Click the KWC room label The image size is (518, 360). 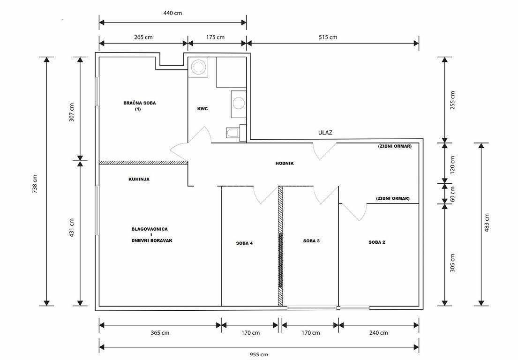pyautogui.click(x=203, y=109)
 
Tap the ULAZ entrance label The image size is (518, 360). pyautogui.click(x=325, y=133)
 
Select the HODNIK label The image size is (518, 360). pyautogui.click(x=285, y=163)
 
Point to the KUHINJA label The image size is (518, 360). pyautogui.click(x=139, y=179)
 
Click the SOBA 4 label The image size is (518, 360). pyautogui.click(x=244, y=243)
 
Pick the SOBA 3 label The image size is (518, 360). pyautogui.click(x=311, y=241)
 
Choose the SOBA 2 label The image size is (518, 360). pyautogui.click(x=376, y=242)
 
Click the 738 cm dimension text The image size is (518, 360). pyautogui.click(x=35, y=184)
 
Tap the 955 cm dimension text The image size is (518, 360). pyautogui.click(x=259, y=355)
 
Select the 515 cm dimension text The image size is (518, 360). pyautogui.click(x=328, y=37)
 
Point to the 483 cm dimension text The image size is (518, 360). pyautogui.click(x=487, y=223)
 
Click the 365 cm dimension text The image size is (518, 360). pyautogui.click(x=160, y=333)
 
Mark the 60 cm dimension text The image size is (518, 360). pyautogui.click(x=452, y=194)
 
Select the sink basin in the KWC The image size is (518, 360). pyautogui.click(x=239, y=103)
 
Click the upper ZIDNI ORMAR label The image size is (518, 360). pyautogui.click(x=395, y=146)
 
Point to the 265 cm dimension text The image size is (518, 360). pyautogui.click(x=143, y=37)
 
